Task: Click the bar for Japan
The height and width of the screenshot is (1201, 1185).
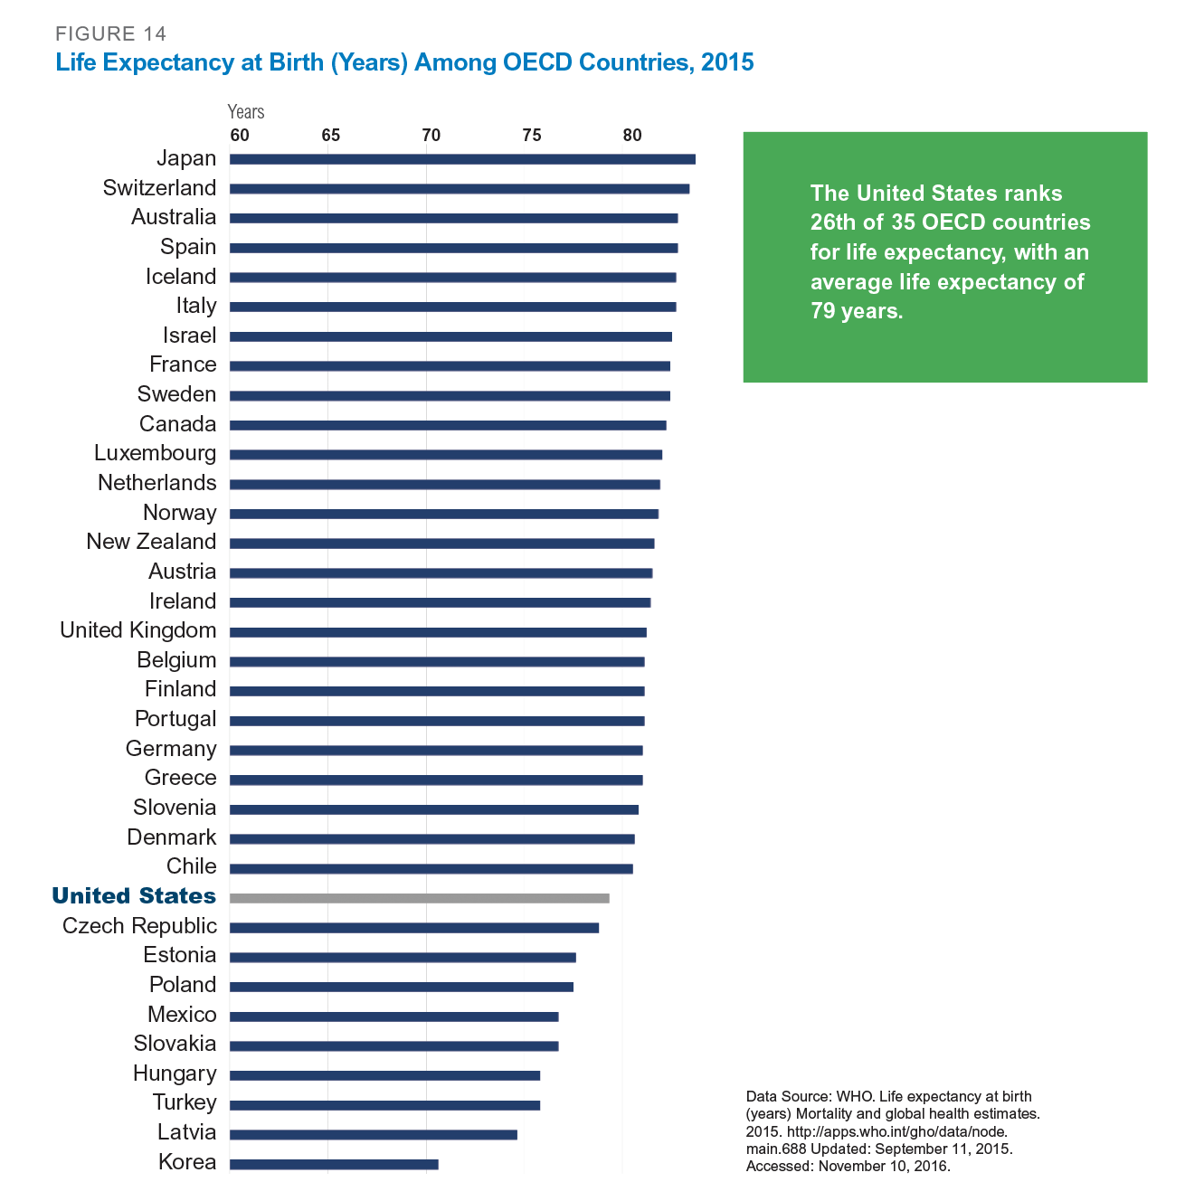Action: (462, 159)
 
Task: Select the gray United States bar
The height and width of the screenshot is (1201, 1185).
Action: (419, 898)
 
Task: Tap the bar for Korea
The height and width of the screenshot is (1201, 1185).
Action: (334, 1164)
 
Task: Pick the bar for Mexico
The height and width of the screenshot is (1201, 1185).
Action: (393, 1017)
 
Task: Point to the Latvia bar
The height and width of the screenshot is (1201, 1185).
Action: (373, 1134)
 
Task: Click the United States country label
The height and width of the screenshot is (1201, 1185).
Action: (134, 896)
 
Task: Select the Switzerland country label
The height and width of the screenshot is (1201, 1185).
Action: (159, 188)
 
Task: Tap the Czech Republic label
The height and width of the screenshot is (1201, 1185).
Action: (139, 926)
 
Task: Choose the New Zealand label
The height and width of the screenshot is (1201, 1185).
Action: (151, 542)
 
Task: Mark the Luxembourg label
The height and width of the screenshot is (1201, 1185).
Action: (155, 453)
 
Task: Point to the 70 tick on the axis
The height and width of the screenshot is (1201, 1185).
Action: (431, 136)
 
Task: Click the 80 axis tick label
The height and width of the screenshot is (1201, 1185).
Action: (631, 136)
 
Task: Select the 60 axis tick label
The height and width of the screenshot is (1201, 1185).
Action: (239, 136)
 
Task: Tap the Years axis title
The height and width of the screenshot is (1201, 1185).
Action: (246, 112)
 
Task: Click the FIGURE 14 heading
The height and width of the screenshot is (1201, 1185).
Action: (111, 34)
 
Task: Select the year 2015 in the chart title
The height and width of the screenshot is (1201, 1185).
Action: (727, 62)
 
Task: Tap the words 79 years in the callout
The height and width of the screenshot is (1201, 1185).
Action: (856, 312)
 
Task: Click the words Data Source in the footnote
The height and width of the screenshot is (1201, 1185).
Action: (786, 1096)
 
